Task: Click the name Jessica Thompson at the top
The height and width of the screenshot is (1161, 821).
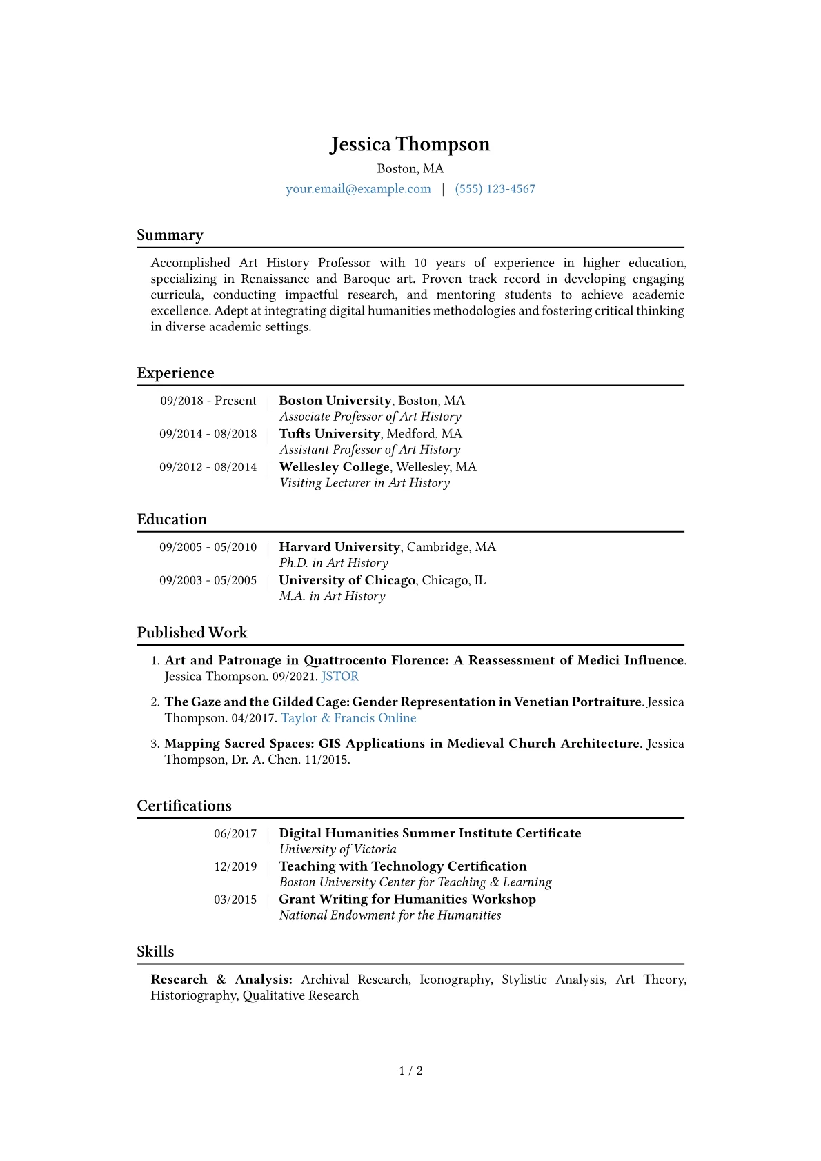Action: tap(410, 144)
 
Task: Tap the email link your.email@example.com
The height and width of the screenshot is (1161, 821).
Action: tap(358, 189)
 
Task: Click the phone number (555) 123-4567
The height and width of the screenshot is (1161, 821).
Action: tap(495, 189)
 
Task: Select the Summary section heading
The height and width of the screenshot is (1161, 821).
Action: tap(170, 235)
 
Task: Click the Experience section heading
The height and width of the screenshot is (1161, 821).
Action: tap(175, 373)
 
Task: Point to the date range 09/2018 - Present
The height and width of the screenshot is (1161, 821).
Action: tap(208, 401)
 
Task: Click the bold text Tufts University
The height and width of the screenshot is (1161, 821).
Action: tap(329, 434)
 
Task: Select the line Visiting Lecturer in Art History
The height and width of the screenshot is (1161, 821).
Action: tap(364, 483)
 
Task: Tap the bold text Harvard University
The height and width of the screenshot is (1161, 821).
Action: tap(339, 547)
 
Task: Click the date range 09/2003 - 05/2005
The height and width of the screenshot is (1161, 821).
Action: tap(208, 580)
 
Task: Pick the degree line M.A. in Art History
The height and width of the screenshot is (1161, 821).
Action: tap(332, 596)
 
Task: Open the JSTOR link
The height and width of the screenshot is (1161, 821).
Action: tap(339, 677)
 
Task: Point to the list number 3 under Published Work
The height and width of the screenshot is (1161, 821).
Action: tap(155, 744)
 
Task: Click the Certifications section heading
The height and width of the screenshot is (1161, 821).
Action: tap(184, 806)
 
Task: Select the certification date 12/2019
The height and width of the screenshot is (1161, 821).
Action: tap(235, 866)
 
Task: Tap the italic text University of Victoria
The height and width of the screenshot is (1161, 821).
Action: tap(337, 849)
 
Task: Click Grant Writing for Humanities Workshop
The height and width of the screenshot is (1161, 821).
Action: tap(407, 900)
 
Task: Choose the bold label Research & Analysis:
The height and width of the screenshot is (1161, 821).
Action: tap(221, 980)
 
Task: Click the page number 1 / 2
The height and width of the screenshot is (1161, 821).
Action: tap(410, 1071)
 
